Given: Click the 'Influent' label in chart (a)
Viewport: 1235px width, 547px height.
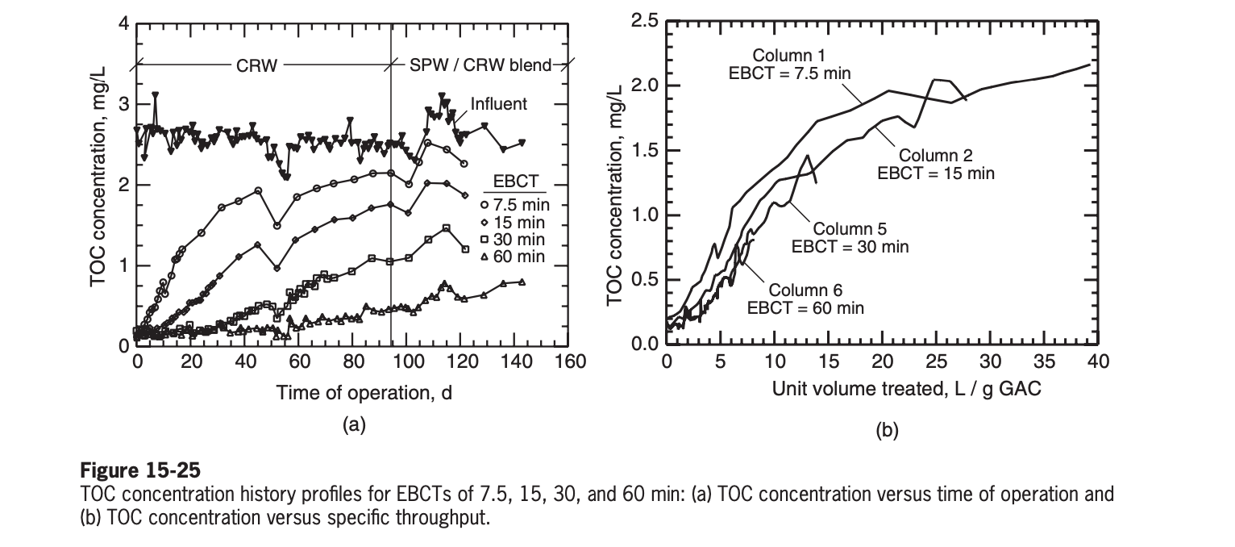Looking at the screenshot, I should click(500, 103).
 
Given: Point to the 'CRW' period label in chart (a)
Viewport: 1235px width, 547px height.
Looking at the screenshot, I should click(256, 66).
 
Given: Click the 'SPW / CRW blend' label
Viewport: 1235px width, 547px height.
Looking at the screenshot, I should click(476, 66).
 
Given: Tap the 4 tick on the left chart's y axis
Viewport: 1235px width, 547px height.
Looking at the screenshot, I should click(123, 23).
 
